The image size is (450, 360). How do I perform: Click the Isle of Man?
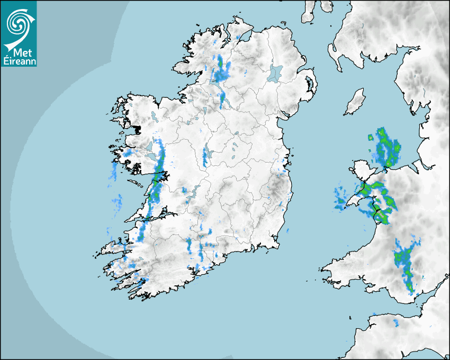355,102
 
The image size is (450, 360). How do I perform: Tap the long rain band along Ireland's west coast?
154,191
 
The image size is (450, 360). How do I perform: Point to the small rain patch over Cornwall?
394,322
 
